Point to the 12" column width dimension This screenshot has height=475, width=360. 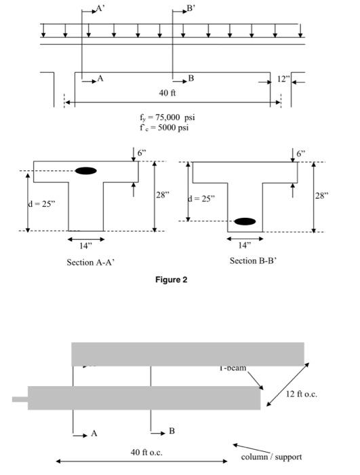[283, 79]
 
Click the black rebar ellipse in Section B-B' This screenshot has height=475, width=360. [245, 221]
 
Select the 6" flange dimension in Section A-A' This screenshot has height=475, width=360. [142, 153]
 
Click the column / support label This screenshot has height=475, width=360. [272, 457]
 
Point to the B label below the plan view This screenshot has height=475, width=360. [172, 431]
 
